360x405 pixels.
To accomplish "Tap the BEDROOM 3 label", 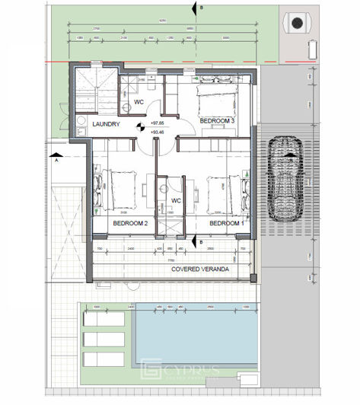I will pyautogui.click(x=216, y=121).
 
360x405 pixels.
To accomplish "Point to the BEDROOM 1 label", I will pyautogui.click(x=226, y=224).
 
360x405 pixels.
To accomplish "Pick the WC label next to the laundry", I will pyautogui.click(x=139, y=101).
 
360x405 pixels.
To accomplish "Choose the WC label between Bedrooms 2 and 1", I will pyautogui.click(x=175, y=201).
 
